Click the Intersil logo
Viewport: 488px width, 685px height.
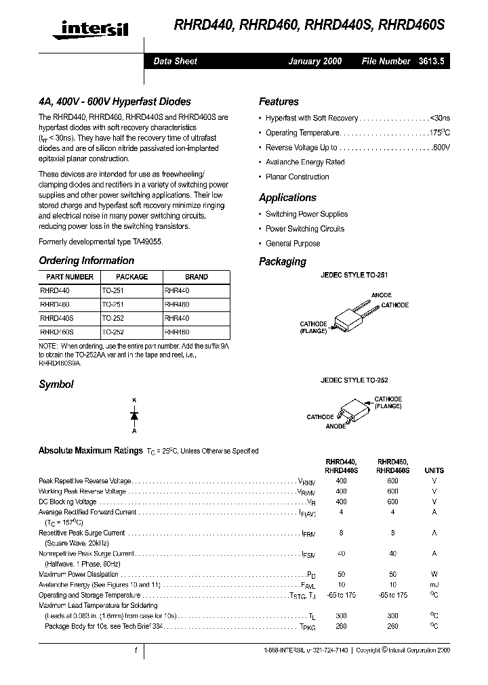click(94, 28)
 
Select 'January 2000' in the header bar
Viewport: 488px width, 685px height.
click(314, 61)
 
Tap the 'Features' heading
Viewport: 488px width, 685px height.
click(279, 102)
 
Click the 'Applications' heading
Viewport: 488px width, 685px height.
click(287, 198)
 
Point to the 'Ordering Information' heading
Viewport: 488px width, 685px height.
click(86, 261)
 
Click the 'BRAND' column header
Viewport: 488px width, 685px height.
click(197, 277)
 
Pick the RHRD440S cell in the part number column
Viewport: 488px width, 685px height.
click(57, 317)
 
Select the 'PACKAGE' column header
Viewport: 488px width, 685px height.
click(131, 277)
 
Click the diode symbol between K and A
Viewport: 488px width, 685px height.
click(134, 415)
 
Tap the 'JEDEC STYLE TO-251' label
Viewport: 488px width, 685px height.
click(354, 276)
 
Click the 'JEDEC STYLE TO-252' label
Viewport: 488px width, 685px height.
click(354, 380)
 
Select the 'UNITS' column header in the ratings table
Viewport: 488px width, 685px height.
click(434, 470)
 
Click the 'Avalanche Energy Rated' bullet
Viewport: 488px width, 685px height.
click(304, 162)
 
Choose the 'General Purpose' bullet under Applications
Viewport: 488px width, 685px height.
click(293, 244)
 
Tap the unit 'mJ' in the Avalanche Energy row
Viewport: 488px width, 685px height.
click(434, 584)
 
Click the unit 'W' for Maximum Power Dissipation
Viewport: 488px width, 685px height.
click(434, 574)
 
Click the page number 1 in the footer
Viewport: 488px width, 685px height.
click(136, 650)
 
